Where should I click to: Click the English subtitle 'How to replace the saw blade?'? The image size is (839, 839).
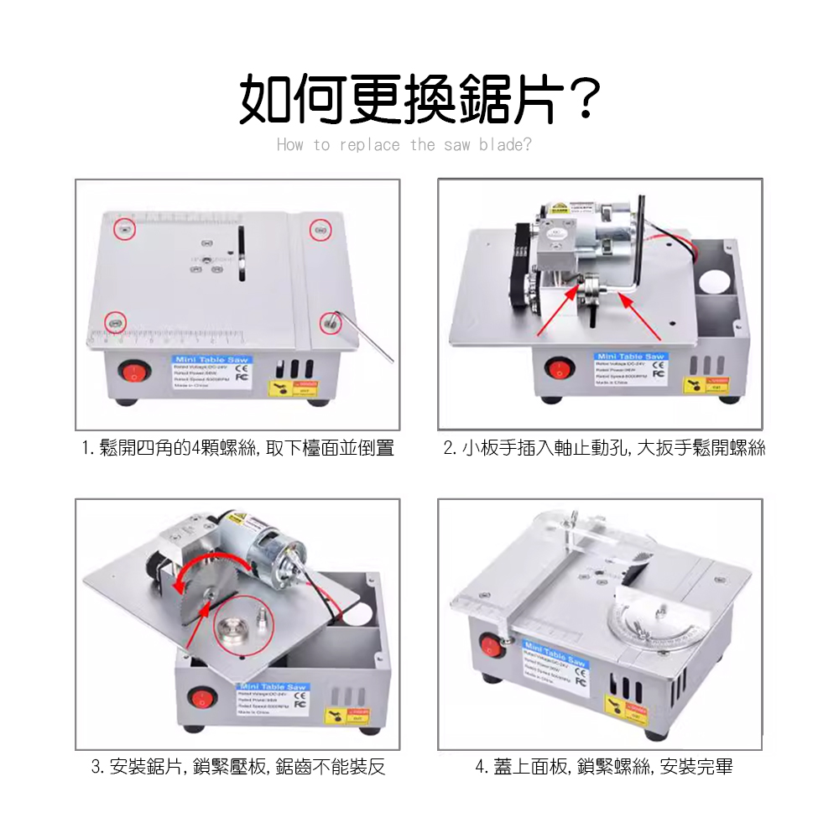click(x=404, y=145)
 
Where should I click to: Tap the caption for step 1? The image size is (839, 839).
click(x=237, y=448)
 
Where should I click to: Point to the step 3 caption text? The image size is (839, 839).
click(x=237, y=767)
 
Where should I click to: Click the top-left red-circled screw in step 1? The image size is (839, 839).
click(x=124, y=228)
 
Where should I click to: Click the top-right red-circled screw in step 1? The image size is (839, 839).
click(x=318, y=230)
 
